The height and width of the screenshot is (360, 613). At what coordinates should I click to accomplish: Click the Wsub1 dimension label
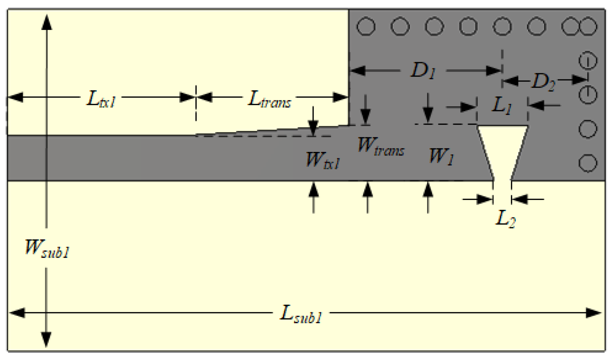(47, 249)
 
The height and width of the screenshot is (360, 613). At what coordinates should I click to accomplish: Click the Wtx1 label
(323, 160)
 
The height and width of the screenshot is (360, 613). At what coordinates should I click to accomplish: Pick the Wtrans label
(381, 146)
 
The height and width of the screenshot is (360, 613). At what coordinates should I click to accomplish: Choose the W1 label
(441, 156)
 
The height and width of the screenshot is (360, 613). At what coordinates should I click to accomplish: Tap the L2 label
(505, 219)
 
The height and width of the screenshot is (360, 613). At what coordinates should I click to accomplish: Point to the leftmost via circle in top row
(366, 27)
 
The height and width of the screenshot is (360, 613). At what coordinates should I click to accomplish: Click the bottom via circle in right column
(588, 163)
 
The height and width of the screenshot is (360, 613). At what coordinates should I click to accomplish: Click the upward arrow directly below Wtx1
(313, 190)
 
